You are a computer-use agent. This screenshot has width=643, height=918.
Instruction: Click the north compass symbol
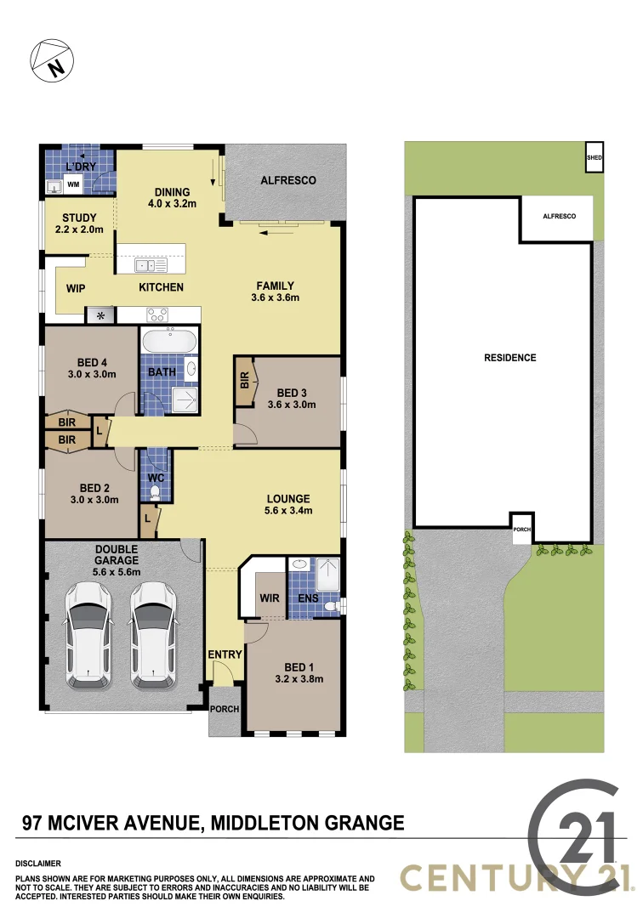(x=52, y=59)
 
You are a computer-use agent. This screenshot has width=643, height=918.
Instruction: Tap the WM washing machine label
(x=73, y=184)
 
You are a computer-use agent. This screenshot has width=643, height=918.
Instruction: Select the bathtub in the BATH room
(x=168, y=343)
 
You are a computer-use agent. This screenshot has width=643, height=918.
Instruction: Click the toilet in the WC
(x=155, y=491)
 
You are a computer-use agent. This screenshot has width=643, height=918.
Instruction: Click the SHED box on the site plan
(x=594, y=156)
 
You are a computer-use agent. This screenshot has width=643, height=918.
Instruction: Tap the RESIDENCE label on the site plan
(x=509, y=358)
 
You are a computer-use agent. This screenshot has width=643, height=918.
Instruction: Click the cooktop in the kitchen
(x=159, y=312)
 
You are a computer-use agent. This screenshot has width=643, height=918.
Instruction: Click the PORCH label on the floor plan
(x=225, y=709)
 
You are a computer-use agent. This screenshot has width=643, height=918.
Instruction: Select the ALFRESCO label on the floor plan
(x=288, y=180)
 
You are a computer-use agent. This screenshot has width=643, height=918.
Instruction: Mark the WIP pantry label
(x=76, y=288)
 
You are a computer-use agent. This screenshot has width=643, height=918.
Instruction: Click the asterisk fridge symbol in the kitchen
(x=101, y=316)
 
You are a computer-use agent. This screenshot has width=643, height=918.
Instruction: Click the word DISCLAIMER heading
(x=38, y=863)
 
